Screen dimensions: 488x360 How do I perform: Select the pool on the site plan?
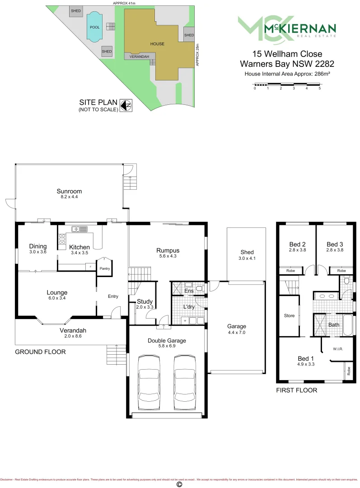tap(95, 27)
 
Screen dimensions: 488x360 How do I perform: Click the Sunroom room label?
tap(69, 191)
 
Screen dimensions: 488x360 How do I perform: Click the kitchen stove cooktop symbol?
tap(61, 241)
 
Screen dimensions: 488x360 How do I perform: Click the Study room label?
tap(145, 301)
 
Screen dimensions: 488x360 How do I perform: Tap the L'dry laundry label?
tap(188, 306)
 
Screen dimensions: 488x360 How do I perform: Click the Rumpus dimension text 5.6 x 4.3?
tap(168, 256)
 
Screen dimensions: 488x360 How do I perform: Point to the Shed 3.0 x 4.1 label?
tap(247, 255)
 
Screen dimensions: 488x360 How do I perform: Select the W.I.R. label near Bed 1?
tap(339, 349)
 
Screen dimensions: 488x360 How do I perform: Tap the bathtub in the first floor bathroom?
tap(348, 325)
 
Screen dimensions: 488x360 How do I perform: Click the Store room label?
tap(289, 315)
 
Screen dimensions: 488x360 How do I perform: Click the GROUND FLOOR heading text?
tap(40, 352)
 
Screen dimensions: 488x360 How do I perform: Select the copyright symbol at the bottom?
tap(179, 484)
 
